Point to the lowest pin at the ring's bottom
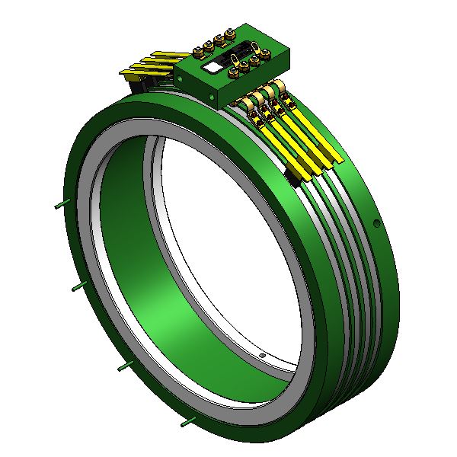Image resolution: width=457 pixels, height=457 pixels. pyautogui.click(x=186, y=420)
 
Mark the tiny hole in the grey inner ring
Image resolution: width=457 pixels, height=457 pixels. pyautogui.click(x=262, y=354)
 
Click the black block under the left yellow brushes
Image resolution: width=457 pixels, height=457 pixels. pyautogui.click(x=139, y=85)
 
